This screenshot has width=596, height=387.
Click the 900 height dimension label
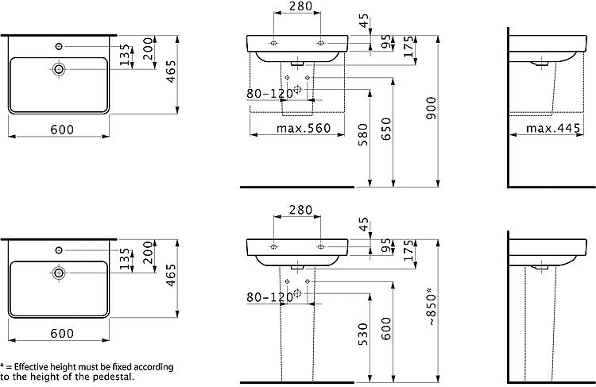pyautogui.click(x=431, y=108)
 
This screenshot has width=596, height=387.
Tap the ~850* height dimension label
pyautogui.click(x=431, y=308)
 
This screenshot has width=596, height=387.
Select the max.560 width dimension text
pyautogui.click(x=304, y=128)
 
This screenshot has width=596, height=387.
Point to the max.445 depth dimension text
pyautogui.click(x=553, y=128)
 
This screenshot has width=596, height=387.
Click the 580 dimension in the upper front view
pyautogui.click(x=363, y=135)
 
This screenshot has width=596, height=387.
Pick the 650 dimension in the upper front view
pyautogui.click(x=385, y=130)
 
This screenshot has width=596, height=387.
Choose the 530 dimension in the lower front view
pyautogui.click(x=363, y=335)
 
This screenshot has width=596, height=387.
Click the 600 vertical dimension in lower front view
pyautogui.click(x=385, y=328)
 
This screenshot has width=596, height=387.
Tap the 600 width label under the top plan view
pyautogui.click(x=62, y=130)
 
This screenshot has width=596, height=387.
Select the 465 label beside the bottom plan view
pyautogui.click(x=171, y=275)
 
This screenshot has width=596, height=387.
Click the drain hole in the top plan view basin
pyautogui.click(x=59, y=69)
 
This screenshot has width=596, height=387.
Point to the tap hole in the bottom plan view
pyautogui.click(x=59, y=250)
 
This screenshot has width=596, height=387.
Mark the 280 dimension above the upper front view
pyautogui.click(x=300, y=6)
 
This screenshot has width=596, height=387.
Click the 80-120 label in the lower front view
pyautogui.click(x=270, y=297)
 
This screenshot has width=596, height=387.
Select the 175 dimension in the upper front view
pyautogui.click(x=409, y=46)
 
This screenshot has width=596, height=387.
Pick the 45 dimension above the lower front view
pyautogui.click(x=364, y=224)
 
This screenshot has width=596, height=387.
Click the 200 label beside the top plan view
pyautogui.click(x=149, y=48)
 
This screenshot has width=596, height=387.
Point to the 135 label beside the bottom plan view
pyautogui.click(x=125, y=259)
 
